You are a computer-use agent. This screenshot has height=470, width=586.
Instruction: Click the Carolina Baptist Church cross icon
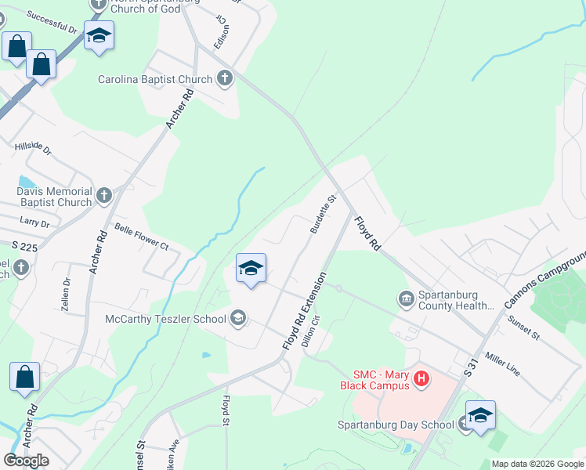point(225,78)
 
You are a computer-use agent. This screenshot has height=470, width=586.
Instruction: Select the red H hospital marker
point(421,380)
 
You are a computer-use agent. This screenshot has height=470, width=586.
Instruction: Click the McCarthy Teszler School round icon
point(238,318)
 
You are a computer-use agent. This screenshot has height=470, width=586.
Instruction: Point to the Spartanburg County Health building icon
point(407,298)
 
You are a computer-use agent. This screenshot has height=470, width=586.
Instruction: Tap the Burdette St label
point(323,215)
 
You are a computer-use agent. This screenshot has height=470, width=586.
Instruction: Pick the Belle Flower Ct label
point(142,236)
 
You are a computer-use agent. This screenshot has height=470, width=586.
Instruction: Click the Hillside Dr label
point(32,147)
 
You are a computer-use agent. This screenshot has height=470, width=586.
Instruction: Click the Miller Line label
point(503,364)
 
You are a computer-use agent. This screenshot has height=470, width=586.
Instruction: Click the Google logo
point(26,461)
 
